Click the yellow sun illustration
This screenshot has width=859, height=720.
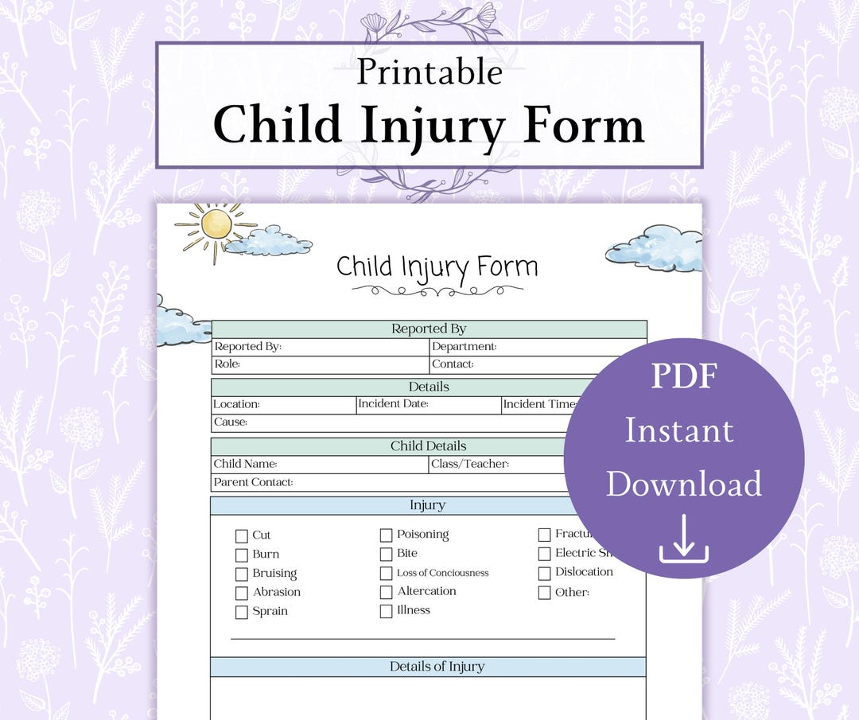[216, 224]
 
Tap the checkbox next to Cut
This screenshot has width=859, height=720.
[242, 536]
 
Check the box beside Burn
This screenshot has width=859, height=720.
[242, 555]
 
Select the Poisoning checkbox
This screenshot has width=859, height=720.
[386, 535]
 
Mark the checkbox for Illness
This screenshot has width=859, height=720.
[386, 612]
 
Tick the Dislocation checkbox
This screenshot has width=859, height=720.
[544, 573]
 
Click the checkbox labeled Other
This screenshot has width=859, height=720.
[544, 593]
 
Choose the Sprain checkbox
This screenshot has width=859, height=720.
[242, 613]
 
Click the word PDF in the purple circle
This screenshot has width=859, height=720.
[683, 376]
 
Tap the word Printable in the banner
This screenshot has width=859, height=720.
[429, 72]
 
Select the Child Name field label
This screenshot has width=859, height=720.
[245, 464]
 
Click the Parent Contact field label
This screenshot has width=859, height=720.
[253, 482]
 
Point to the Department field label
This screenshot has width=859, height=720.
[464, 347]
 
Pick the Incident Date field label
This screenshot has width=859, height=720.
[393, 404]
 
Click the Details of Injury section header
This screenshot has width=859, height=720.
[437, 667]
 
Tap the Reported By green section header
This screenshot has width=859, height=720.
[429, 329]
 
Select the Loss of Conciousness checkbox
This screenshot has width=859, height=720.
[386, 574]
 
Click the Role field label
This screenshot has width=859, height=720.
[227, 364]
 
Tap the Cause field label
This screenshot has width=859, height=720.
[230, 422]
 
